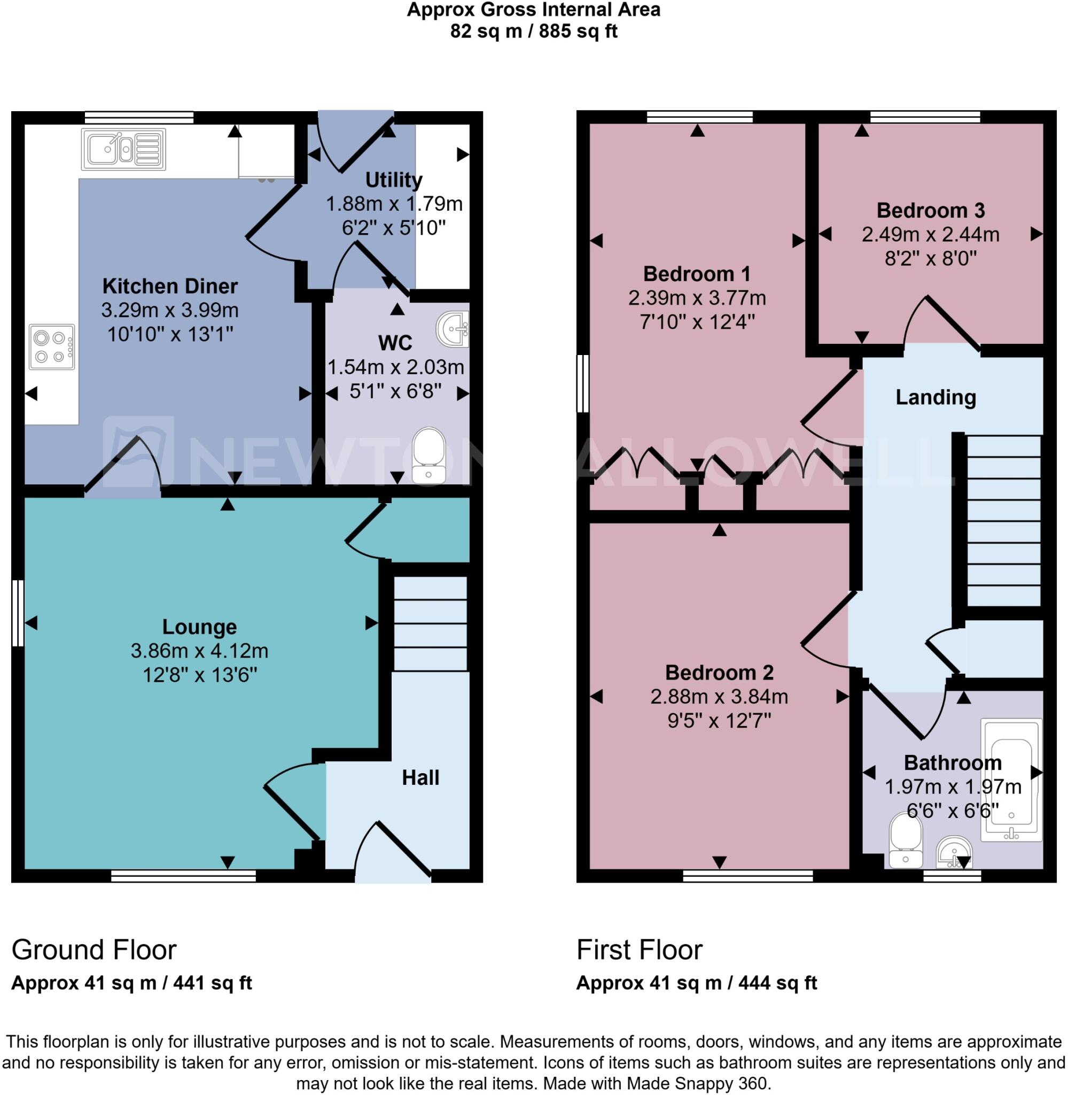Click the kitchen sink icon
coord(123,149)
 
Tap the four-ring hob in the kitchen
coord(52,346)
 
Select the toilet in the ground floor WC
coord(428,455)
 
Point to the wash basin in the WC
coord(452,329)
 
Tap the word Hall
coord(420,777)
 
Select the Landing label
coord(935,397)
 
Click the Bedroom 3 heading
coord(930,210)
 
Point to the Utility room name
coord(393,180)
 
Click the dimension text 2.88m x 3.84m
coord(719,697)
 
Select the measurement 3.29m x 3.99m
coord(170,310)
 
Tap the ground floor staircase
coord(430,623)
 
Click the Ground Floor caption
coord(93,950)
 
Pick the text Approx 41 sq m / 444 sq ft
coord(696,983)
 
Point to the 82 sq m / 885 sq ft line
coord(533,32)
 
